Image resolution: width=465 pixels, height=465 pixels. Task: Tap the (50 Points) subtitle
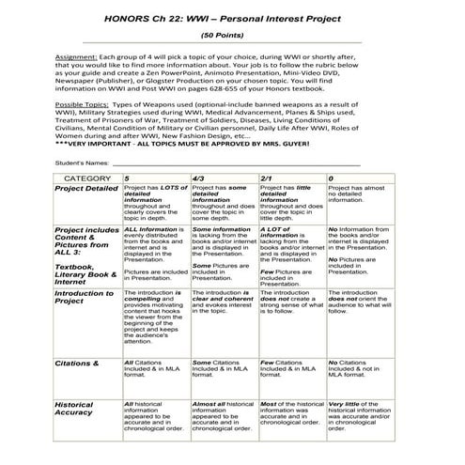pyautogui.click(x=231, y=37)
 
